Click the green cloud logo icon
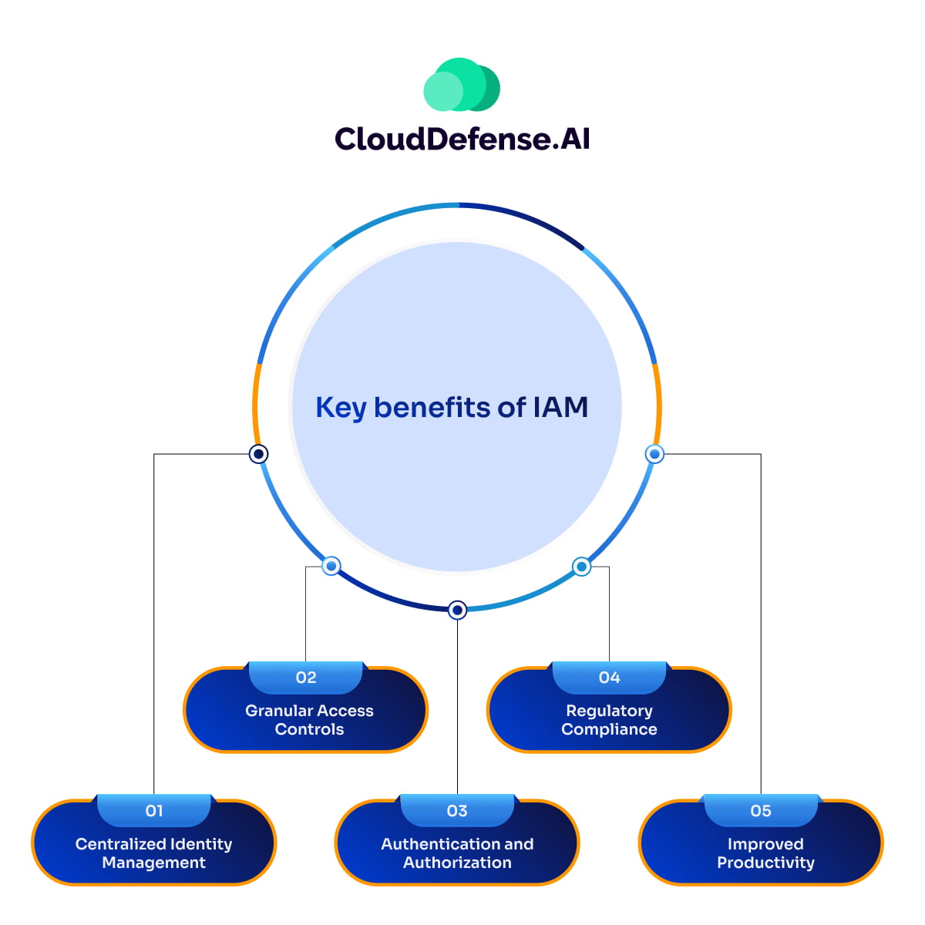click(462, 85)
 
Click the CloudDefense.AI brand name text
click(462, 139)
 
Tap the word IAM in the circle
click(560, 407)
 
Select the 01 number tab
click(154, 811)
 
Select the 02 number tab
click(306, 678)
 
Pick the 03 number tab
click(457, 811)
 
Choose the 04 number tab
click(609, 678)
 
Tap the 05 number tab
click(761, 811)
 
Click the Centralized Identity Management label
click(154, 853)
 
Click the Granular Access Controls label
click(309, 720)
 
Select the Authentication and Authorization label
click(457, 853)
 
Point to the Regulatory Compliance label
click(609, 720)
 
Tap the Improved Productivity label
click(765, 853)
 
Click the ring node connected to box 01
click(259, 454)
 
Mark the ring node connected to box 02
click(331, 567)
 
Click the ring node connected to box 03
click(457, 610)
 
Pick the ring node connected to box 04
click(582, 567)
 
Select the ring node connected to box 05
click(654, 454)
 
